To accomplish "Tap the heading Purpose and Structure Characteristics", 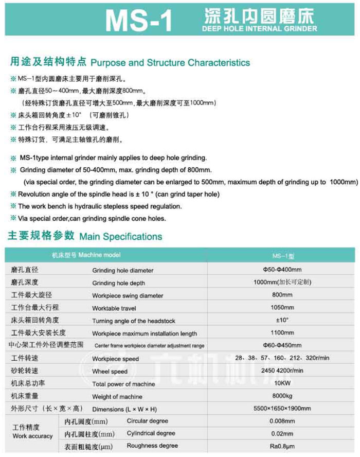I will tap(170, 63).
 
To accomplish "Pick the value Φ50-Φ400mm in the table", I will tap(282, 269).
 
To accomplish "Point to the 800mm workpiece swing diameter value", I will tap(282, 295).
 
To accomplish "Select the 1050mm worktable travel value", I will tap(282, 307).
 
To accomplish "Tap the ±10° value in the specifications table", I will tap(282, 320).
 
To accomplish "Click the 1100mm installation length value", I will tap(282, 332).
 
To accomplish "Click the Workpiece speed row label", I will tap(115, 359).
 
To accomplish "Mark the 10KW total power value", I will tap(282, 383).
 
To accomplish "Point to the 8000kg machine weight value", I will tap(282, 396).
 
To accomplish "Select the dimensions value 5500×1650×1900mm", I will tap(282, 409).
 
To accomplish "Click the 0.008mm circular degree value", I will tap(282, 421).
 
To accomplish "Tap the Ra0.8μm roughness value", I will tap(282, 446).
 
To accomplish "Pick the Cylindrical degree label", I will tap(151, 433).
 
